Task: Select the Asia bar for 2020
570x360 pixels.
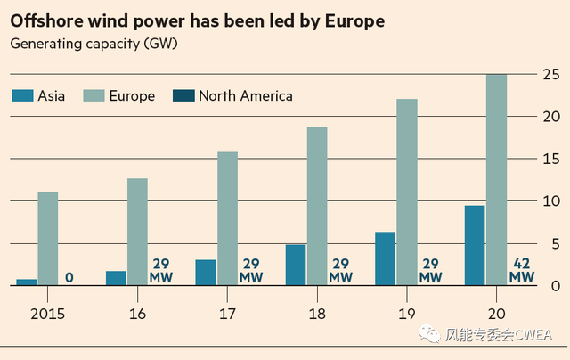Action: point(475,246)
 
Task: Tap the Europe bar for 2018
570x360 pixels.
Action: point(317,206)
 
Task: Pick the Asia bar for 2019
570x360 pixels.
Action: point(385,258)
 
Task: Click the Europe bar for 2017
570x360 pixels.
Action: point(227,218)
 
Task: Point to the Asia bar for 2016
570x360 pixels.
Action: point(116,278)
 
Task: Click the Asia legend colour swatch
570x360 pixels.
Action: point(23,96)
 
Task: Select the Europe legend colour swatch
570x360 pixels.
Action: point(94,96)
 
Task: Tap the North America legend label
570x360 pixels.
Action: point(246,96)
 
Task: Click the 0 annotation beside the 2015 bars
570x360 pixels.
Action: point(69,278)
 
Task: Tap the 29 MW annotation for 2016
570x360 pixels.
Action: point(160,271)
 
